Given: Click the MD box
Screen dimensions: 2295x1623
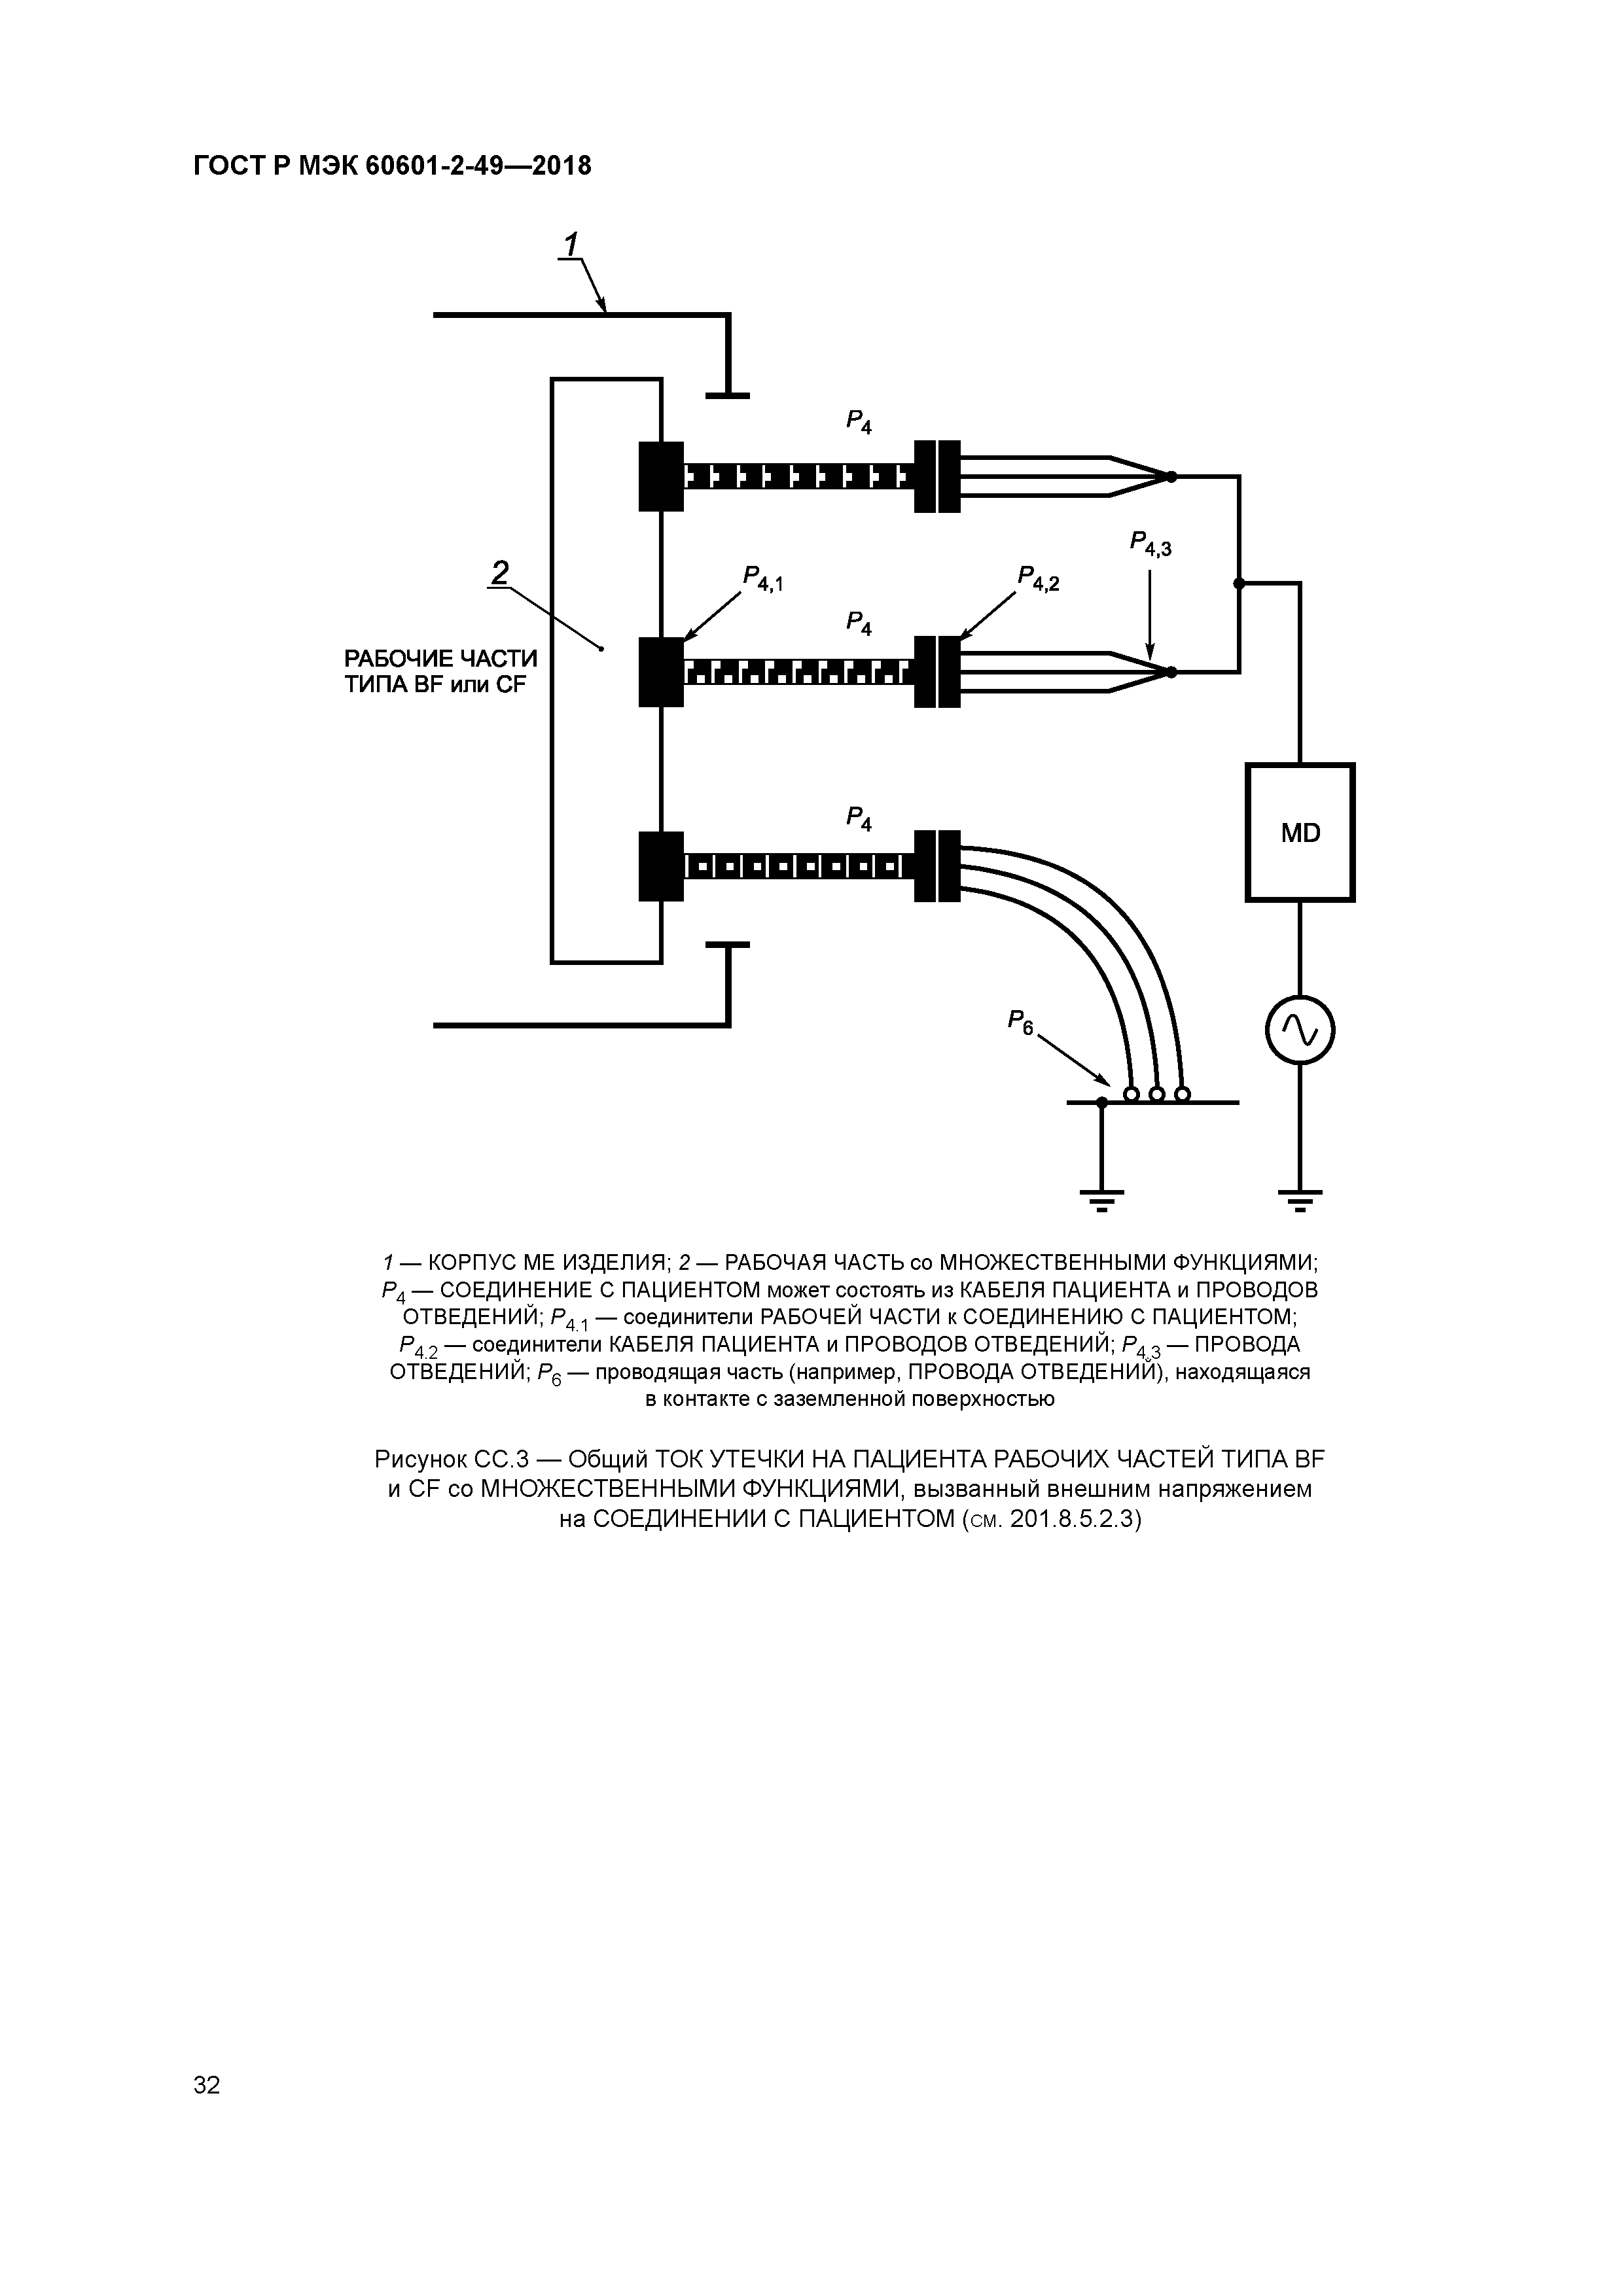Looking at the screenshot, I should coord(1299,833).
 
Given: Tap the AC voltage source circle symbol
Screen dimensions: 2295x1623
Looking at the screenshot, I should coord(1299,1030).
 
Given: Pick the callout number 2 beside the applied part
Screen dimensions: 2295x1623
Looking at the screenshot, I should coord(499,572).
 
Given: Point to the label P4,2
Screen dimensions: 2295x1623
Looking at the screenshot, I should coord(1038,578).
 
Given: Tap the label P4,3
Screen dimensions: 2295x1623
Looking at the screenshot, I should coord(1150,544).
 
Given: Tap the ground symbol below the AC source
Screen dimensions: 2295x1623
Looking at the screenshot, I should coord(1299,1197).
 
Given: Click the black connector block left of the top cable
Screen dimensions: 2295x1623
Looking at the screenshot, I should coord(661,476).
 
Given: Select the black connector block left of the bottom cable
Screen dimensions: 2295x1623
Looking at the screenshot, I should coord(661,866).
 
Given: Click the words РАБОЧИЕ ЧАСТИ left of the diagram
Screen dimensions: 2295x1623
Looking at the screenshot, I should coord(441,659).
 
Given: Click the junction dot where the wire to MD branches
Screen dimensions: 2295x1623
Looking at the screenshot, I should coord(1238,583).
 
